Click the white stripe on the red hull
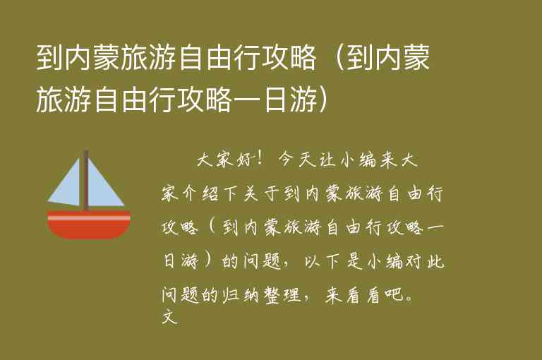pos(89,218)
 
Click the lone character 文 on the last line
pos(168,317)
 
